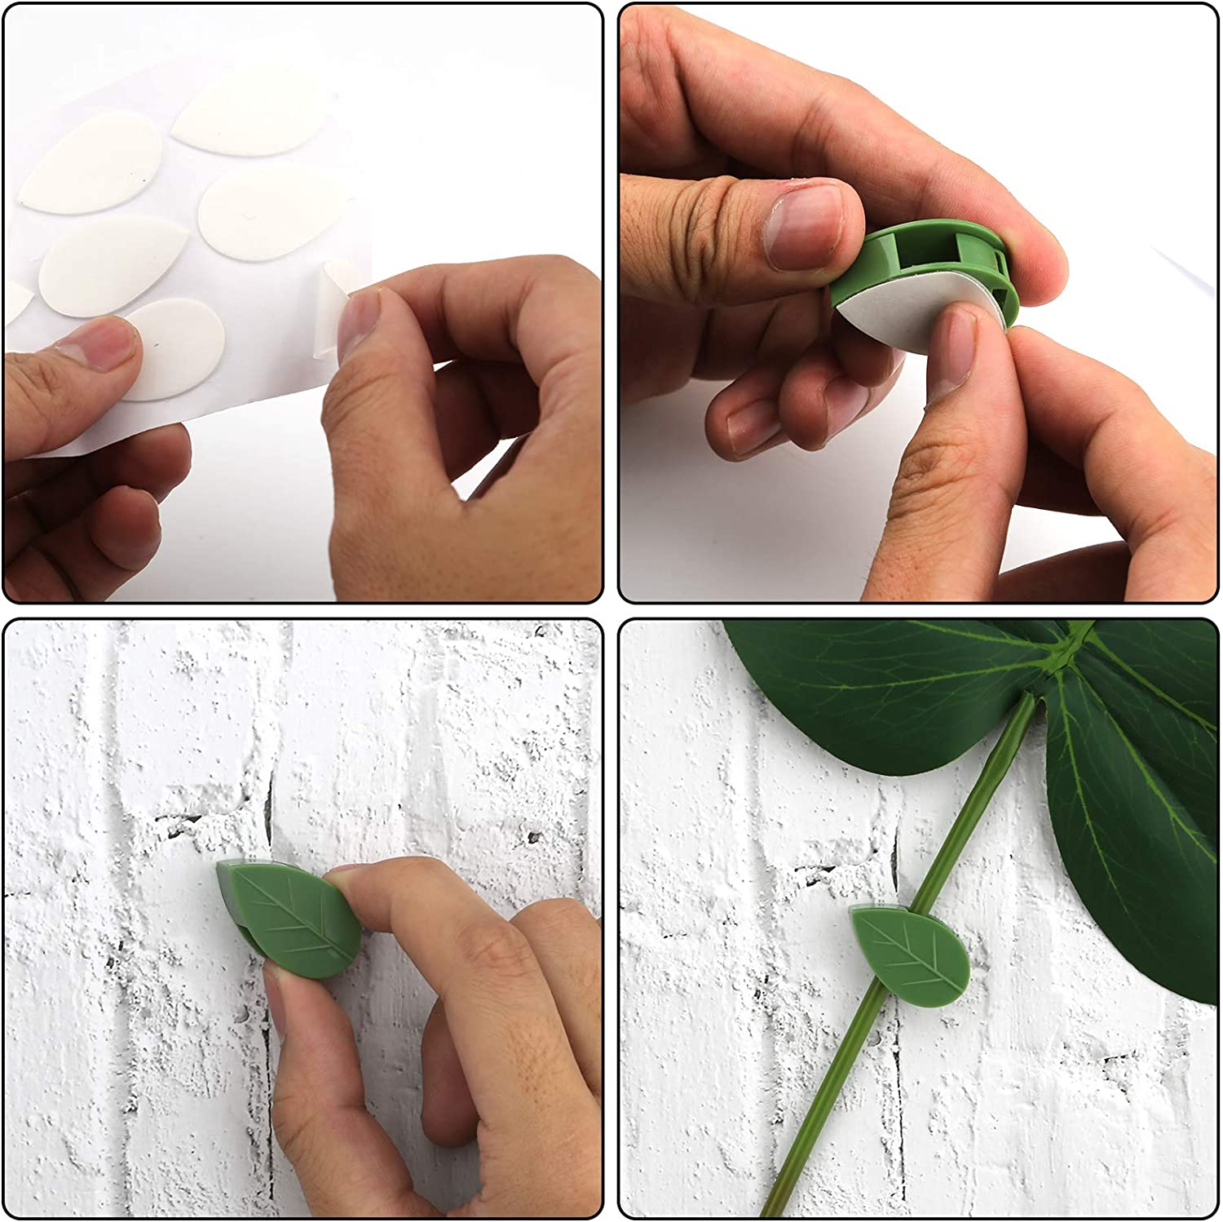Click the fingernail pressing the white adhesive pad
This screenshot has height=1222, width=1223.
950,355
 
